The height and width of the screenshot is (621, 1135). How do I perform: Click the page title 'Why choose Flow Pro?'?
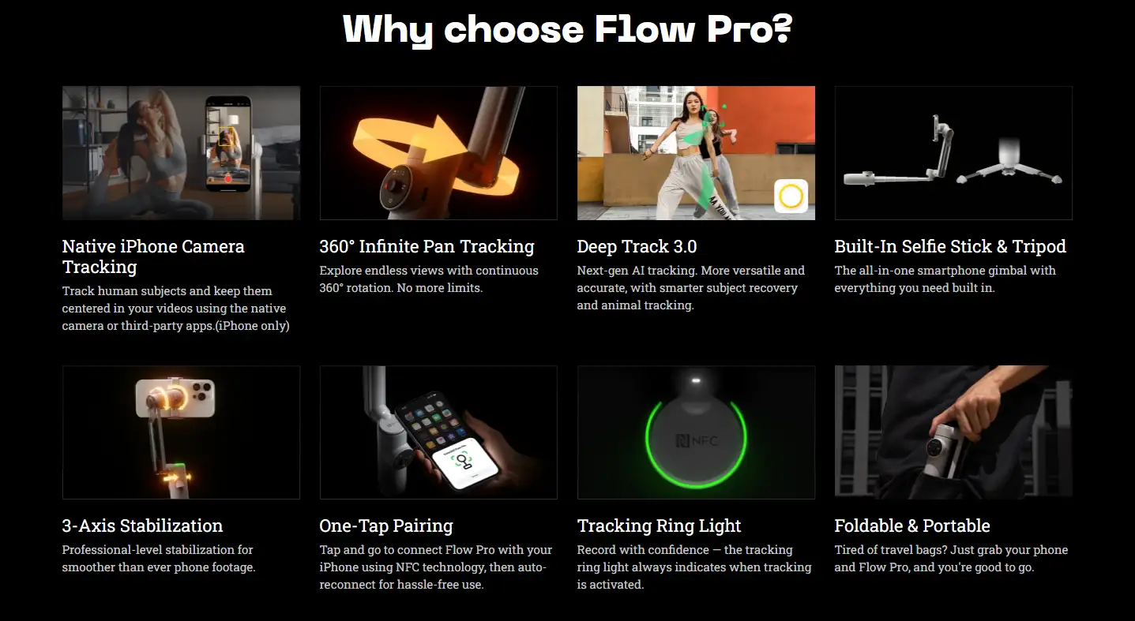tap(567, 29)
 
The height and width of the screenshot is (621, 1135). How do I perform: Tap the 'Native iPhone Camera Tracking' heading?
tap(153, 256)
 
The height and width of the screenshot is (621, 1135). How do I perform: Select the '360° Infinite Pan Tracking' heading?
tap(427, 246)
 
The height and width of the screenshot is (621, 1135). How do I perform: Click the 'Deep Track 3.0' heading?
tap(637, 246)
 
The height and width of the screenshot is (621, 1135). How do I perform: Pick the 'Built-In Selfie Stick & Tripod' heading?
tap(950, 246)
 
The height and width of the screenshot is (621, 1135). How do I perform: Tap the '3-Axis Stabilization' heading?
tap(142, 526)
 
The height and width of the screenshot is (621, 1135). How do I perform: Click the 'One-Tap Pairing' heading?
tap(386, 526)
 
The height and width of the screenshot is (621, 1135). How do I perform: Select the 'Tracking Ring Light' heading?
tap(659, 526)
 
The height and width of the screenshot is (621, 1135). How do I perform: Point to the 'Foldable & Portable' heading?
tap(912, 526)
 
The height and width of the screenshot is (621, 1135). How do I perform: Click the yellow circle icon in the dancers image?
tap(791, 196)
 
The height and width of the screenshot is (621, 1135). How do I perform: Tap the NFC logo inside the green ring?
tap(697, 441)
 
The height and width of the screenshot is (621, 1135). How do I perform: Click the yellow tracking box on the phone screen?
tap(226, 137)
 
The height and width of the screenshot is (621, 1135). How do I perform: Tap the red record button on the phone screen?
tap(228, 179)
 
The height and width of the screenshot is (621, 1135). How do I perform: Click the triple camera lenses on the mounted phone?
tap(201, 391)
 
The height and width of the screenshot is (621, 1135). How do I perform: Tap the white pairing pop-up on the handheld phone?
tap(465, 462)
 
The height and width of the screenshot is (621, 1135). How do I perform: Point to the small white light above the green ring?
tap(696, 380)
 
